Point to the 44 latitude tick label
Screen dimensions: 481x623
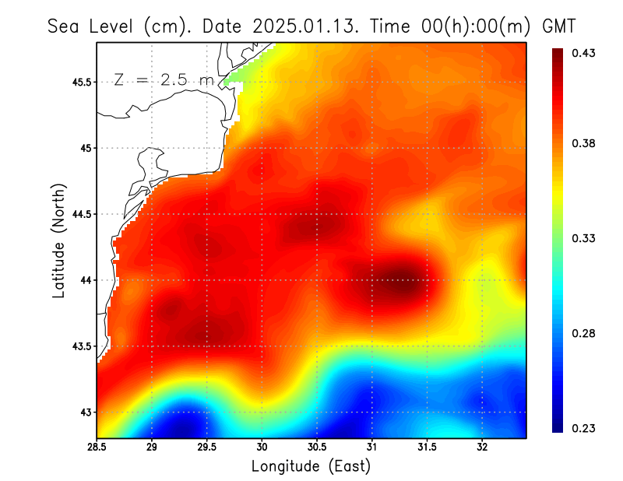(86, 280)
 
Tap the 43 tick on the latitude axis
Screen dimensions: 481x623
(86, 413)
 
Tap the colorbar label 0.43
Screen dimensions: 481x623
(585, 53)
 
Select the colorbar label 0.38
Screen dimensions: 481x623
(585, 143)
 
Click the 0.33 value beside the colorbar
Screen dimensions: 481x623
(585, 238)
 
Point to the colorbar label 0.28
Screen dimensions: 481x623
(585, 333)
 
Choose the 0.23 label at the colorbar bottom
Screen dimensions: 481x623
(585, 428)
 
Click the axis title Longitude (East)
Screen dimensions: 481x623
(311, 466)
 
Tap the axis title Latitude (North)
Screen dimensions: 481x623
(59, 240)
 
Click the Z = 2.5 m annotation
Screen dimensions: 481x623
(163, 79)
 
